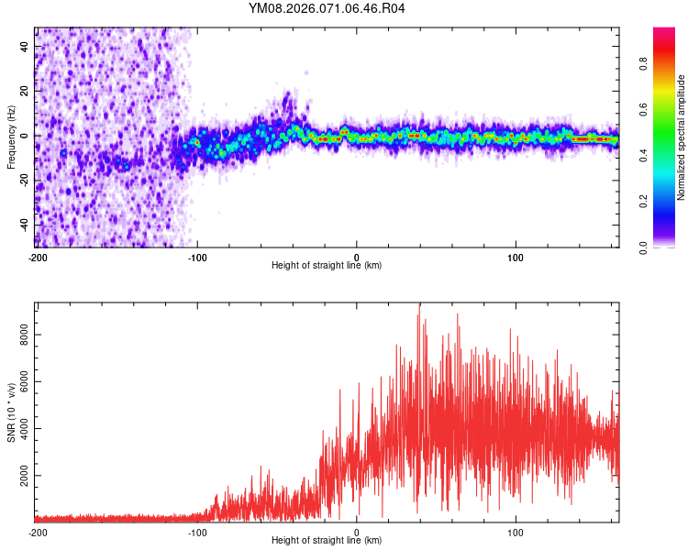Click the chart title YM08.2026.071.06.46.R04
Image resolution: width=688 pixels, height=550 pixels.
pos(327,9)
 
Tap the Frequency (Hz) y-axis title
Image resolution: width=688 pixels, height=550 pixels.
pos(11,137)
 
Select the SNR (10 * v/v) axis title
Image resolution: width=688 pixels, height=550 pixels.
pos(11,412)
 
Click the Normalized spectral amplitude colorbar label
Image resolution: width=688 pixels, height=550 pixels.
pos(682,138)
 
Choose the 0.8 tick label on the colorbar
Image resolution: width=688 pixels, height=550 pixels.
pos(644,64)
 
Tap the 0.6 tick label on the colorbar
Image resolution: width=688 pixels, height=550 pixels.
pos(644,110)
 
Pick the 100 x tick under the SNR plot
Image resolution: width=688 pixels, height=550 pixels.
pos(516,532)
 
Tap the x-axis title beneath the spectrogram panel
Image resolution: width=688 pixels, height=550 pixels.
pos(327,266)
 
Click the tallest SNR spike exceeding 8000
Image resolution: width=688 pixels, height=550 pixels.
pos(419,305)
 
